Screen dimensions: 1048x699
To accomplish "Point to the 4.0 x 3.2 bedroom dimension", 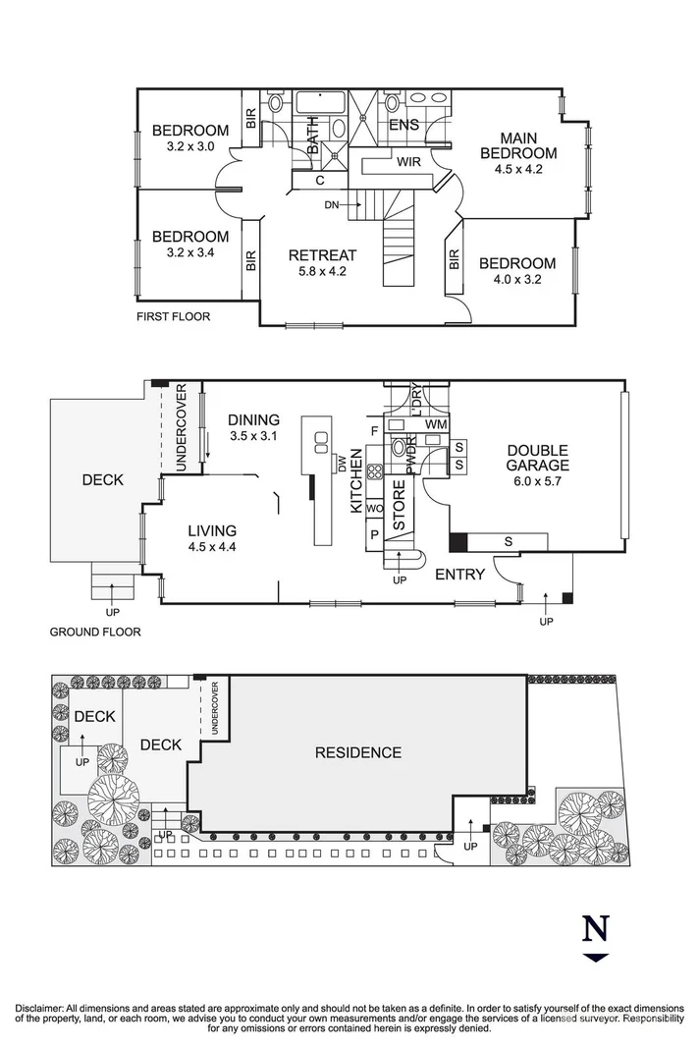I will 517,279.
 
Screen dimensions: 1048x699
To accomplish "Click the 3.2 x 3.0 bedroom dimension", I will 190,146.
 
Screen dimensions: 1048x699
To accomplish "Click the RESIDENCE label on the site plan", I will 357,752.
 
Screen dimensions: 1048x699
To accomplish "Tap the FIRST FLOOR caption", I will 174,316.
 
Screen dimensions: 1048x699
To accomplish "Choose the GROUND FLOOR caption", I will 95,633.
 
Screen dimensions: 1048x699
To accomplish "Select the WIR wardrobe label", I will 409,162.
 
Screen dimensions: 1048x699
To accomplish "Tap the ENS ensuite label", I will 403,125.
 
